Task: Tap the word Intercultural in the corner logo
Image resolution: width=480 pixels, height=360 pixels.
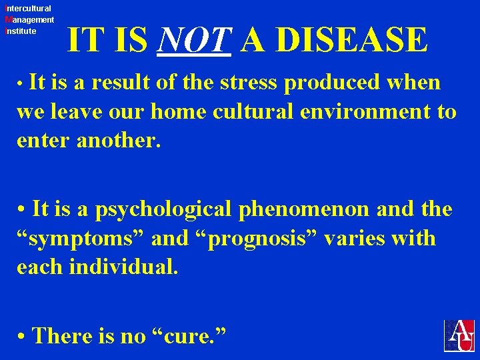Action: (x=27, y=9)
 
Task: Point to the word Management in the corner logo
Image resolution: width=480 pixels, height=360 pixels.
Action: (x=29, y=20)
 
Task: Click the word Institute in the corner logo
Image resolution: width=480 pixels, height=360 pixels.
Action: (x=20, y=31)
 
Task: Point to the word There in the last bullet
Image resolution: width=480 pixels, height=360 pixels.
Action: (x=61, y=335)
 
